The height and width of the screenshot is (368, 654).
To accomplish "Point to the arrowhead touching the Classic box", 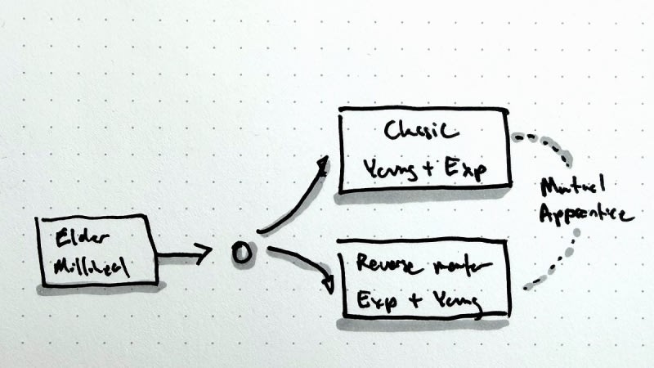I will coord(322,165).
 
